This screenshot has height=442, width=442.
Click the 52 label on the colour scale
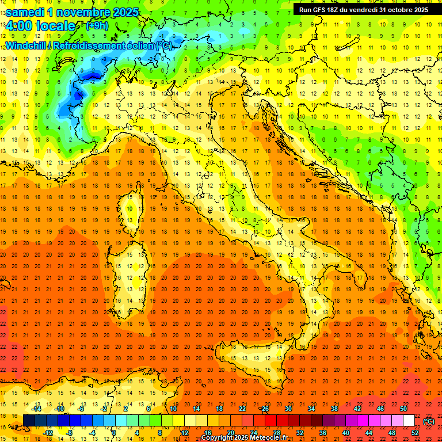[x=415, y=433]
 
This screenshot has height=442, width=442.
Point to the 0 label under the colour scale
[x=114, y=433]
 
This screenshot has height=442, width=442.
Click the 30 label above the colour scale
[x=288, y=409]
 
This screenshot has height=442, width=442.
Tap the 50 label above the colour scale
[x=403, y=409]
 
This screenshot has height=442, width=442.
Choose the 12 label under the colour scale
[x=184, y=433]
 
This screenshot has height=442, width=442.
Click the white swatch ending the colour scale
[x=409, y=421]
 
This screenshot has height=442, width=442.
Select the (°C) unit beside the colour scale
[x=429, y=421]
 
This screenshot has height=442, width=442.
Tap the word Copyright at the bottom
[x=219, y=438]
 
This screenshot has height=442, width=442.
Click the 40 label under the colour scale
[x=346, y=433]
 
